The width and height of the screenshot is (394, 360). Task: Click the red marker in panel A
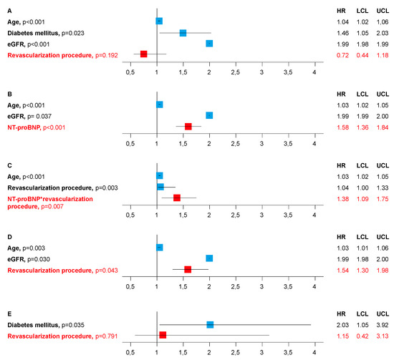click(x=144, y=54)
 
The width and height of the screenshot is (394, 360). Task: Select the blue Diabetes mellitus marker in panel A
click(x=183, y=33)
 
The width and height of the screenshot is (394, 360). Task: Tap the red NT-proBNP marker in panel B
click(x=188, y=126)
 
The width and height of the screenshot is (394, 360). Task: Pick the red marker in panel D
click(x=188, y=269)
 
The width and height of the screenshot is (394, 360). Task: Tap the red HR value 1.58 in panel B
click(x=342, y=127)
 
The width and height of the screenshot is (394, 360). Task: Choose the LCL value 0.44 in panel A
click(x=362, y=55)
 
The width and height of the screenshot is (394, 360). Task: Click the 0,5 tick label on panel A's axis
click(x=130, y=72)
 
